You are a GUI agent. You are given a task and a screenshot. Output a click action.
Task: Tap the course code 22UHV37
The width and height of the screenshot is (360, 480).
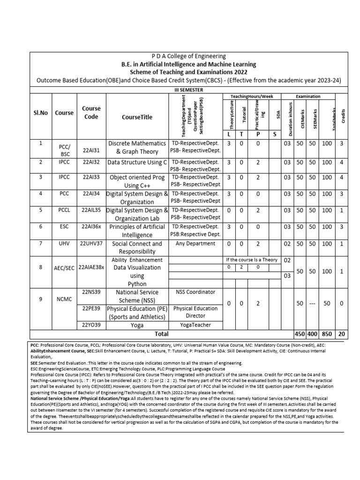pos(91,243)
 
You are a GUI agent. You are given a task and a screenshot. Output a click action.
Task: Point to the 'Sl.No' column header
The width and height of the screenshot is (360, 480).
pos(41,112)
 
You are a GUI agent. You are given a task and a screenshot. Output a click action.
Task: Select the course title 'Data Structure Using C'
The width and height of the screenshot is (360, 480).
pos(137,162)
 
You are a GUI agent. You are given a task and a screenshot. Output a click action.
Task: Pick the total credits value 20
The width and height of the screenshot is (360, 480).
pos(341,334)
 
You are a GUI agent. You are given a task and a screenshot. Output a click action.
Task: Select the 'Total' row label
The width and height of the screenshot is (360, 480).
pos(162,334)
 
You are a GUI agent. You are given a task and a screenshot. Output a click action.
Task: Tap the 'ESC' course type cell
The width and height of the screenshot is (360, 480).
pos(64,227)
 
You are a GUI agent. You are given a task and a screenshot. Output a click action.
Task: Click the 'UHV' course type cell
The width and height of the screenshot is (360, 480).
pos(64,243)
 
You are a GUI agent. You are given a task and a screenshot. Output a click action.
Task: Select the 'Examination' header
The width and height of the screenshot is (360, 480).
pos(308,96)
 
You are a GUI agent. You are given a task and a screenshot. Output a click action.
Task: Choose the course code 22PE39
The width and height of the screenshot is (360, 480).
pos(91,308)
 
